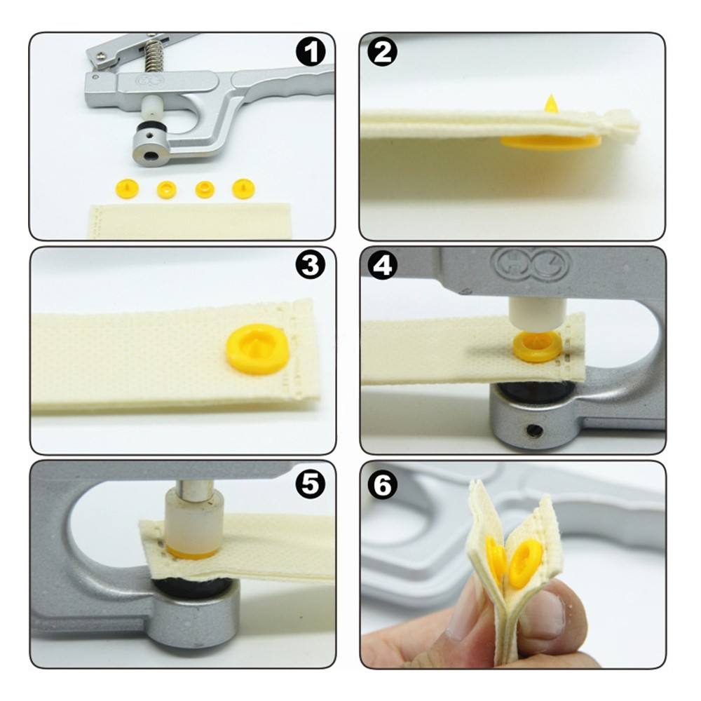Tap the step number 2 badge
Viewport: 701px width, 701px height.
pyautogui.click(x=383, y=52)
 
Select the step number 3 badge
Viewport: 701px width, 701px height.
pyautogui.click(x=311, y=265)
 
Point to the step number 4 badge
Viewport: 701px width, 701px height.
pyautogui.click(x=383, y=265)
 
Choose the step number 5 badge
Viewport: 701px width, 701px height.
pyautogui.click(x=311, y=484)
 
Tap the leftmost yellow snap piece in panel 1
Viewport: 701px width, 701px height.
pyautogui.click(x=127, y=189)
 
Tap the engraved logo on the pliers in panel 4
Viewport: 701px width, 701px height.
pyautogui.click(x=533, y=265)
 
